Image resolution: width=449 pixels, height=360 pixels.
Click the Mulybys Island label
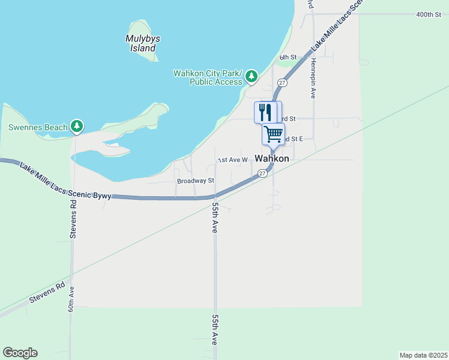[143, 43]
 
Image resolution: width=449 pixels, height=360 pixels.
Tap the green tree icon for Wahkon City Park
[252, 76]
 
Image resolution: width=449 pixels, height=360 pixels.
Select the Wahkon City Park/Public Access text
[207, 77]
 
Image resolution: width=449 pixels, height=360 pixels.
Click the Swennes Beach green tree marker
[76, 126]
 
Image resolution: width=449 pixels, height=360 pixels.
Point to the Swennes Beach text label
[38, 128]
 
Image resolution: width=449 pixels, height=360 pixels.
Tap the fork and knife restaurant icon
[264, 112]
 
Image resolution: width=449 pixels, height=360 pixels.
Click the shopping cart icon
[273, 134]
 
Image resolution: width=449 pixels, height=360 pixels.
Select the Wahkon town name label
[272, 159]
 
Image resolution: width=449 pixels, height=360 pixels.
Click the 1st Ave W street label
[232, 160]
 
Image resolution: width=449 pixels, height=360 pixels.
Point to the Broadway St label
[195, 181]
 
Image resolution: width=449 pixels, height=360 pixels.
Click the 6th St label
[288, 58]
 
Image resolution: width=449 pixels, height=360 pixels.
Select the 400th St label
[429, 14]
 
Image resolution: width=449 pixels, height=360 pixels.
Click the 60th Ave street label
[71, 299]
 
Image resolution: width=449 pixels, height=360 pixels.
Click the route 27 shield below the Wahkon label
[262, 173]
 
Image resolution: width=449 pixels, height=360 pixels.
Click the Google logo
[20, 353]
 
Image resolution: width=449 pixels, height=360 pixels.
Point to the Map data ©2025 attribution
[423, 355]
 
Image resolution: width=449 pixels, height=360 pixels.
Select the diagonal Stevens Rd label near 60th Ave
[46, 293]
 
